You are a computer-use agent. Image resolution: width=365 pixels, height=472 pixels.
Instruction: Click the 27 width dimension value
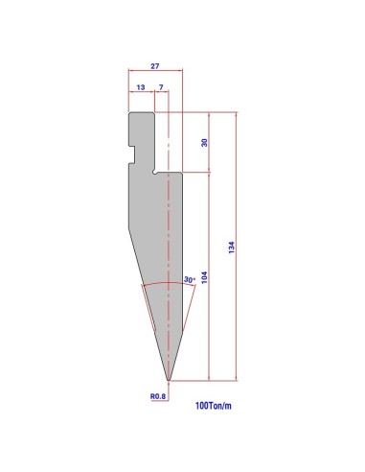[155, 66]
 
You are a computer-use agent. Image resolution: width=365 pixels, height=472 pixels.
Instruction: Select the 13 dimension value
[141, 87]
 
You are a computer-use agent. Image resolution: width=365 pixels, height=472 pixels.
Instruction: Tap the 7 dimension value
[161, 87]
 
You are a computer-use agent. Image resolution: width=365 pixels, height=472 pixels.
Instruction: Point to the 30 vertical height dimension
[204, 143]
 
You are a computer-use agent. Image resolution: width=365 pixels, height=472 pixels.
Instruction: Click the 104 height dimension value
[204, 277]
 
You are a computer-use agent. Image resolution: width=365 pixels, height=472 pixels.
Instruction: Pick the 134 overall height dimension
[232, 248]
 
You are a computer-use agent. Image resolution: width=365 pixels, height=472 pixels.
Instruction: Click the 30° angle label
[189, 279]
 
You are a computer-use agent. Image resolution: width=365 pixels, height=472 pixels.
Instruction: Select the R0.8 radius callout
[158, 396]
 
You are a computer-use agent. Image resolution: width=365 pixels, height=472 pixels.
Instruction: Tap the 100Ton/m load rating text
[214, 406]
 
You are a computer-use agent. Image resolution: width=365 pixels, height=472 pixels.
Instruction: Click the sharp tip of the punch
[169, 381]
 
